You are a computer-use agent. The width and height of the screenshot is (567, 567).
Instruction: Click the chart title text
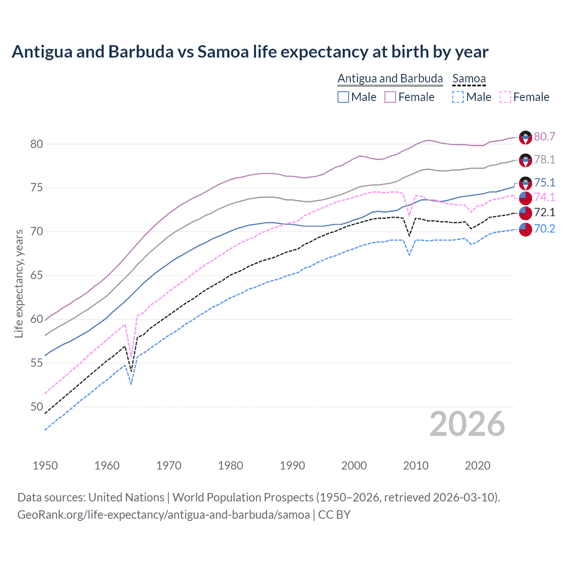pos(250,52)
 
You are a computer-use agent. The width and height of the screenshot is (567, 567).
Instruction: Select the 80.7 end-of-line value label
pos(544,136)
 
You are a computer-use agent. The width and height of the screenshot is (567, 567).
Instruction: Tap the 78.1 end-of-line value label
pos(544,159)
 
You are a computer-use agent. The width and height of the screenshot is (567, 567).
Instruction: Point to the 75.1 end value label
pos(544,183)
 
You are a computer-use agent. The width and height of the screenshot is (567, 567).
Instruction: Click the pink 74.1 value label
pos(544,197)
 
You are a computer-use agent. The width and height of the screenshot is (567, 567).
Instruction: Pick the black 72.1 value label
pos(544,212)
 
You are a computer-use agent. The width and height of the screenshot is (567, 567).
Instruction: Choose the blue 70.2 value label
pos(544,229)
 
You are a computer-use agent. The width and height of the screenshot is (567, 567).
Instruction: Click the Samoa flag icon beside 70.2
pos(525,229)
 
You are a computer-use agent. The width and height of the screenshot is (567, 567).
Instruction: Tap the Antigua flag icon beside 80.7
pos(525,137)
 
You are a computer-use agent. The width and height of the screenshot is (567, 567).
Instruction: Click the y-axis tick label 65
pos(37,275)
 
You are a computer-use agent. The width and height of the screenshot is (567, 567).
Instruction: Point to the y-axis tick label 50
pos(37,407)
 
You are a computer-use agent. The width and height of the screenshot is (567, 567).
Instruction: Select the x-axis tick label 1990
pos(292,466)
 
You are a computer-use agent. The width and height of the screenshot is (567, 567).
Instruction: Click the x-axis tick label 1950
pos(45,466)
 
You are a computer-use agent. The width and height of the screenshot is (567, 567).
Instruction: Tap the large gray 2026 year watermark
pos(467,424)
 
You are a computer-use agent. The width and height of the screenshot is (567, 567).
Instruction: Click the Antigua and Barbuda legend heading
pos(390,78)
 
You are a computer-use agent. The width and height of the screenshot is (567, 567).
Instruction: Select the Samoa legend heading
pos(469,78)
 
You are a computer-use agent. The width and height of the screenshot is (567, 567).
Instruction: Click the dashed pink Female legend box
pos(505,97)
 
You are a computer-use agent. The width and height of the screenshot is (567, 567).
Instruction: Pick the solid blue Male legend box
pos(343,97)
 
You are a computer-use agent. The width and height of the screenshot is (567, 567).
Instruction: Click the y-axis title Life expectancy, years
pos(19,283)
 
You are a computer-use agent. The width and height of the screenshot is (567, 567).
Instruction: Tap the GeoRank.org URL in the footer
pos(163,515)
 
